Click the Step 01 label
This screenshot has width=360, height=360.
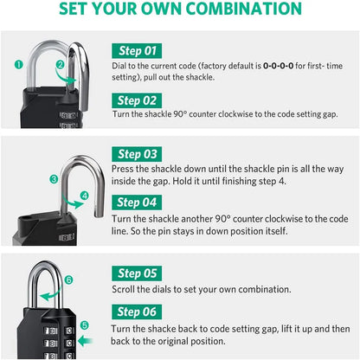click(138, 50)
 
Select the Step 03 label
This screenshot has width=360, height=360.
click(138, 153)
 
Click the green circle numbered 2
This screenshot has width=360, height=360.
click(61, 64)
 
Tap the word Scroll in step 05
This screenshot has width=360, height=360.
click(125, 290)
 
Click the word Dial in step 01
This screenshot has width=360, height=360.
click(122, 66)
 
